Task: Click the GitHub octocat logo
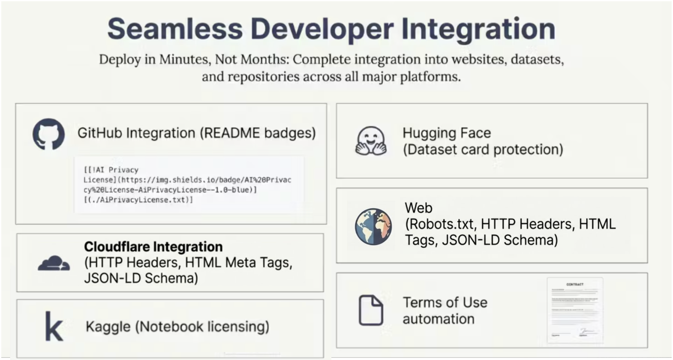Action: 48,134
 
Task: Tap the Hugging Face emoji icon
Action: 371,141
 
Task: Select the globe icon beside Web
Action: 373,226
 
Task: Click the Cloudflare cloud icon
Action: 54,263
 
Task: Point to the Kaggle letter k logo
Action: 54,327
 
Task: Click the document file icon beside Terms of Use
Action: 370,310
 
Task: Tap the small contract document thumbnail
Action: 574,310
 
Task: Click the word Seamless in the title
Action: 174,29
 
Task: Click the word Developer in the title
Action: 321,29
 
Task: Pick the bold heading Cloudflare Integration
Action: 153,247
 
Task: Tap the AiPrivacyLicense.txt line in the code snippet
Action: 140,200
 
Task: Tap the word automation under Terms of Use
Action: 438,319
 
